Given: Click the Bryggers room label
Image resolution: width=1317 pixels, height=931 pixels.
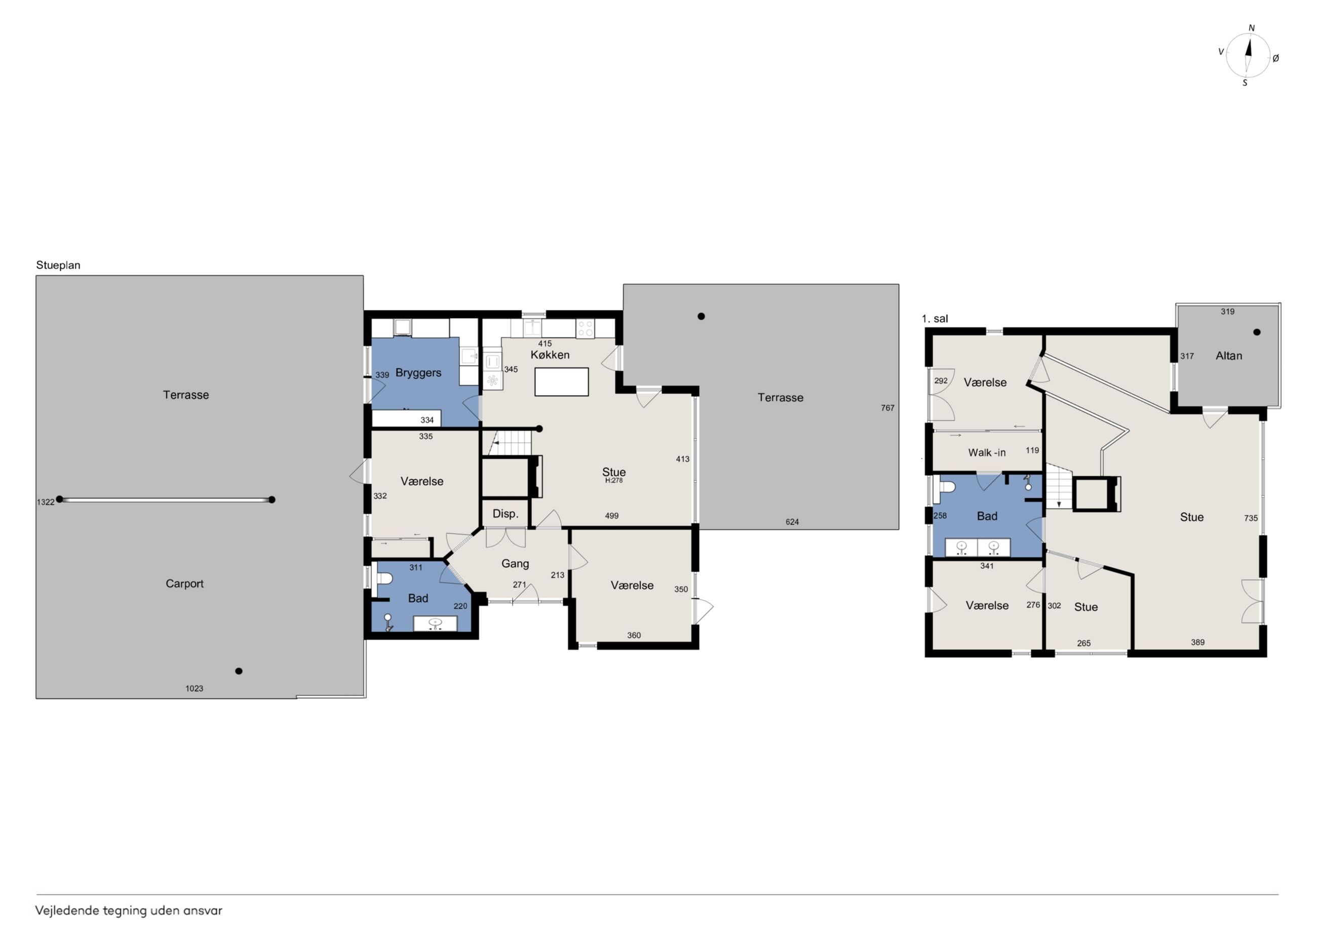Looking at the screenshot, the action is point(418,373).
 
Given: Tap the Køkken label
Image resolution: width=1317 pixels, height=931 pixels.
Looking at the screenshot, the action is point(550,355).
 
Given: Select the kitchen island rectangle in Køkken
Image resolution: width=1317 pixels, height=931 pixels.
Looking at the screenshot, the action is point(562,382).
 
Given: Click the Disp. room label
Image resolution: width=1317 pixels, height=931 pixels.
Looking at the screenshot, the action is point(506,514).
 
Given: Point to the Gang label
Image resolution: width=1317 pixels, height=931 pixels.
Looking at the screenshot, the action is point(515,564).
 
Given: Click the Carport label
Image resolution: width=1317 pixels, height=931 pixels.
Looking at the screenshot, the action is point(185,584).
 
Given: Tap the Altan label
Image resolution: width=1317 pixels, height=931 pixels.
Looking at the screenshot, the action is point(1229,356).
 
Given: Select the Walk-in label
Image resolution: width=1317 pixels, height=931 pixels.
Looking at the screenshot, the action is point(987,453).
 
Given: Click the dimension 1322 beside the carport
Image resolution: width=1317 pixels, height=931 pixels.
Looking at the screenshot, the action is point(45,502).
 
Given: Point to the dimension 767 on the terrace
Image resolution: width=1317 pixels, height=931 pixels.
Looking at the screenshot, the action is point(887,408).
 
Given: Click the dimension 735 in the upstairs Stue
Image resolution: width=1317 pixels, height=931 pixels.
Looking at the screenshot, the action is point(1251,518).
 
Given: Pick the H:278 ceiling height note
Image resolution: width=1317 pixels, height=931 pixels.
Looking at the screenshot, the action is point(614,481).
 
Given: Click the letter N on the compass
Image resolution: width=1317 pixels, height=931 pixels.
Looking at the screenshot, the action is point(1252,28).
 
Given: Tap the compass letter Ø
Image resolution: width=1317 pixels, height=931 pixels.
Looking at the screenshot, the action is point(1275,58).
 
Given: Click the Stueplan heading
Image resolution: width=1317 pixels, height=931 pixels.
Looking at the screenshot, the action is point(58,265).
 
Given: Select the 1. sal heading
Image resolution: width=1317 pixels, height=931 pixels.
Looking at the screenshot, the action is point(935,319).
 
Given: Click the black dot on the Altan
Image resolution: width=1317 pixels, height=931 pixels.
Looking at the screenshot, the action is point(1256,332).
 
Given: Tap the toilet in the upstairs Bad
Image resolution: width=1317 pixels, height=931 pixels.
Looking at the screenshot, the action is point(944,486).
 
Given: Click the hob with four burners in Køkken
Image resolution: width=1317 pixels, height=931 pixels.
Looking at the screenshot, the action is point(585,329).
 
